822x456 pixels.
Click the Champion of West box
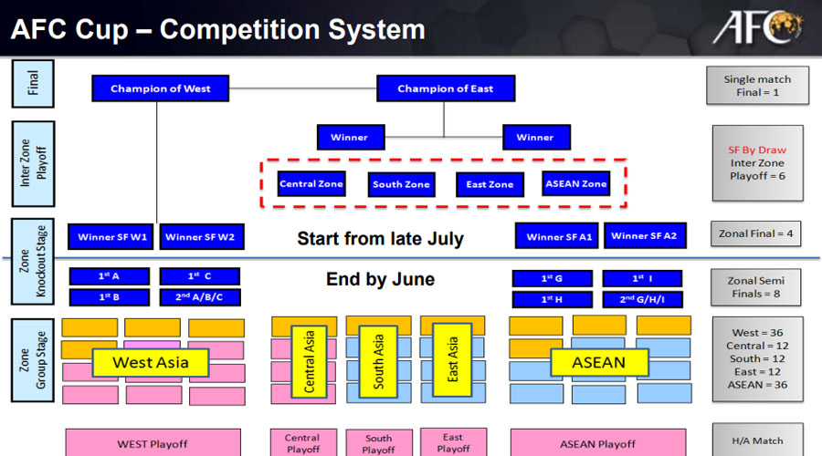point(160,88)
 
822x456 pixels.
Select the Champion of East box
point(446,88)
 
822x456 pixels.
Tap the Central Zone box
point(311,184)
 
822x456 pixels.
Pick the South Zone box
point(401,185)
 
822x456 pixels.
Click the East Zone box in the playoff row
point(490,185)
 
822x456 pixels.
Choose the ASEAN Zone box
point(575,184)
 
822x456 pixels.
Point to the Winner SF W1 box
point(112,237)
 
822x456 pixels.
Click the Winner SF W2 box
point(200,237)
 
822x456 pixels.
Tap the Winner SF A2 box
point(644,236)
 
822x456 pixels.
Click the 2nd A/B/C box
point(199,297)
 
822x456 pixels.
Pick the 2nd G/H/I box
point(643,298)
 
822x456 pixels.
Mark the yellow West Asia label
point(151,363)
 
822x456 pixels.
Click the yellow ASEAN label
point(598,363)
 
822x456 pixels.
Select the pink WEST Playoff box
point(152,444)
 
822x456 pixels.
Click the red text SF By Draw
point(757,150)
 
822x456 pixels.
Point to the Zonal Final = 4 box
point(757,234)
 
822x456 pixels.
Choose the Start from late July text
point(380,240)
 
